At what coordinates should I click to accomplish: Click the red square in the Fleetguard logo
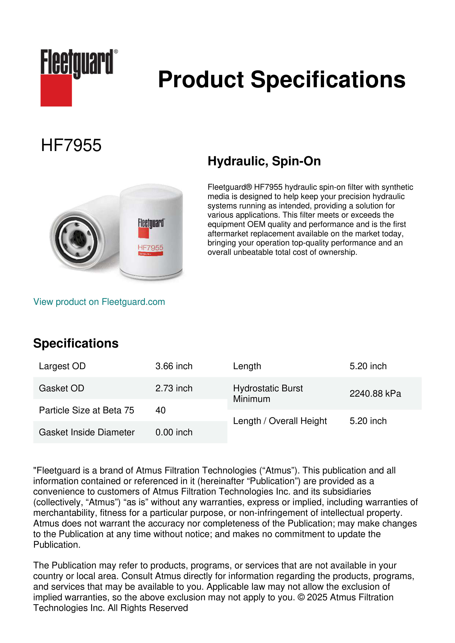tap(56, 90)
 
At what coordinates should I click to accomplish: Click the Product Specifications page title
tap(282, 80)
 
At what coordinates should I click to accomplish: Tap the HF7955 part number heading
tap(71, 145)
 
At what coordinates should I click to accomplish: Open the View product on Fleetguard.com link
tap(99, 302)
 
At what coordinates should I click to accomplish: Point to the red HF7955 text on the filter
tap(150, 248)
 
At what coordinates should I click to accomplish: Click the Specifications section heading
tap(76, 343)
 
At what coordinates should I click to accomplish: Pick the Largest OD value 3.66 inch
tap(174, 366)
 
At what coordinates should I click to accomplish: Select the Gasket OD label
tap(61, 388)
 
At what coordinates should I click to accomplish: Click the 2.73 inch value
tap(174, 388)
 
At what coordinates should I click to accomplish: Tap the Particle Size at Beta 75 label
tap(86, 410)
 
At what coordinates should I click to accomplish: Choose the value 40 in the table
tap(160, 410)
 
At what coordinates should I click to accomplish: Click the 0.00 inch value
tap(174, 432)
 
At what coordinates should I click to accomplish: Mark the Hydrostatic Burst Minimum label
tap(268, 394)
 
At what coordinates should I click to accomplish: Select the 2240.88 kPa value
tap(375, 394)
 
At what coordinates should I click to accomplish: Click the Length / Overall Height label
tap(280, 421)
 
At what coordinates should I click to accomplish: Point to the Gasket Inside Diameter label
tap(87, 432)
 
